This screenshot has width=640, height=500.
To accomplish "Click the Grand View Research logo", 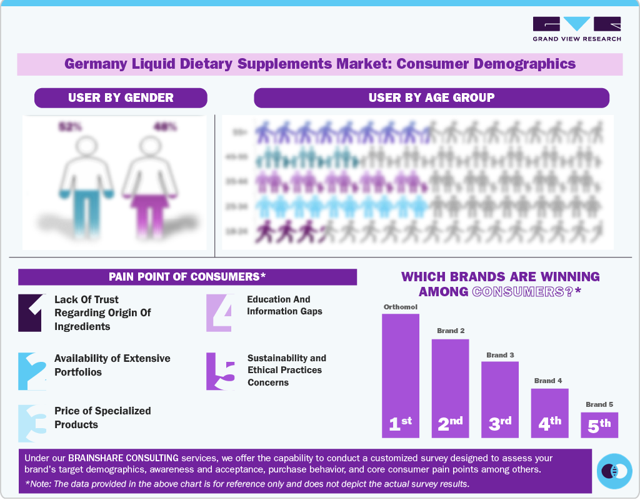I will tap(577, 29).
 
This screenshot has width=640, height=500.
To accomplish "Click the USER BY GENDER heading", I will tap(121, 97).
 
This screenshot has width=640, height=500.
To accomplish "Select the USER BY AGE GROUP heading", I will tap(431, 97).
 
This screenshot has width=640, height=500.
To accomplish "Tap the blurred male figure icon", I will tap(88, 181).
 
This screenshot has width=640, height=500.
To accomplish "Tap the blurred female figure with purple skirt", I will tap(149, 181).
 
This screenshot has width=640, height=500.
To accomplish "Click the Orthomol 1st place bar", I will tap(401, 375).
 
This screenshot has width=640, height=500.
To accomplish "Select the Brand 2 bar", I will tap(450, 387).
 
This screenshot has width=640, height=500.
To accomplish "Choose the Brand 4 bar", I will tap(549, 412).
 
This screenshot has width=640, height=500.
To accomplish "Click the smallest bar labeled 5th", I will tap(599, 424).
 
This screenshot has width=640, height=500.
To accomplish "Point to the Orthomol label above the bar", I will tap(401, 307).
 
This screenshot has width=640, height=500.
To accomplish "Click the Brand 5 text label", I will tap(599, 404).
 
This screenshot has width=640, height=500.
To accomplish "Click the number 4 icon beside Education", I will tap(220, 312).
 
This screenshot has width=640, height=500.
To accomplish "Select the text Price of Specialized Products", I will tap(102, 417).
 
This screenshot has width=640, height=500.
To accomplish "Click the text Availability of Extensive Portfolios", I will tap(112, 365).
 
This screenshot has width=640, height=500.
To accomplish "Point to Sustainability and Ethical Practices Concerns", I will tap(286, 370).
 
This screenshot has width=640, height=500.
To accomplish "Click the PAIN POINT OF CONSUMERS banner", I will tap(187, 277).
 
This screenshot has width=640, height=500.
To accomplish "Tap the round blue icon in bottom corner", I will tap(614, 471).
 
